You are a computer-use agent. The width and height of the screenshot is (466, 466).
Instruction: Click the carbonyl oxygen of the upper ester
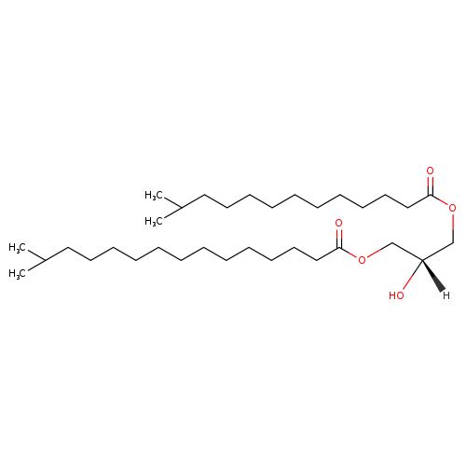430,171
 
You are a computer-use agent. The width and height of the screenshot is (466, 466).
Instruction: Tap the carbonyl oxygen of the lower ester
338,223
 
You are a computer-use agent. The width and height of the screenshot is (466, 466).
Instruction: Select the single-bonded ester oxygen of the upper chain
453,208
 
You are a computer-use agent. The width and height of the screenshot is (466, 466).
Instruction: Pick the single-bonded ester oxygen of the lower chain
362,259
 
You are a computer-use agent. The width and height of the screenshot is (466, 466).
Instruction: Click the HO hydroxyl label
396,295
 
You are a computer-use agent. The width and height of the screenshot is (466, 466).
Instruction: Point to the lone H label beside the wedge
446,295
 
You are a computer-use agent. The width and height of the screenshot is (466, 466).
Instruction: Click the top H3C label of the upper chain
154,195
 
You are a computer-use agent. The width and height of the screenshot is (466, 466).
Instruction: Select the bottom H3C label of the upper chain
154,221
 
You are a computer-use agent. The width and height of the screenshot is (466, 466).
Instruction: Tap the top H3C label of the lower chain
18,247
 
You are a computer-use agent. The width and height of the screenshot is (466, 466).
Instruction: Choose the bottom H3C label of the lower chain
18,273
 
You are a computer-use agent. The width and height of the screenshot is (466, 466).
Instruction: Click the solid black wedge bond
432,276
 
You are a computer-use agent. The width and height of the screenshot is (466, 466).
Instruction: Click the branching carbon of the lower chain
46,260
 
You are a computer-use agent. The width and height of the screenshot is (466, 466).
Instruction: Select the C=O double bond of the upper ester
431,185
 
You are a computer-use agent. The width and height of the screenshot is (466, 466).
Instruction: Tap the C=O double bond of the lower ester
339,238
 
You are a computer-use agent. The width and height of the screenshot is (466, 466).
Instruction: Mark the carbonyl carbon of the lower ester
339,248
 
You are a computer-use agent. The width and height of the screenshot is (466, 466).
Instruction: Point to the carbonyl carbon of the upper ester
431,196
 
